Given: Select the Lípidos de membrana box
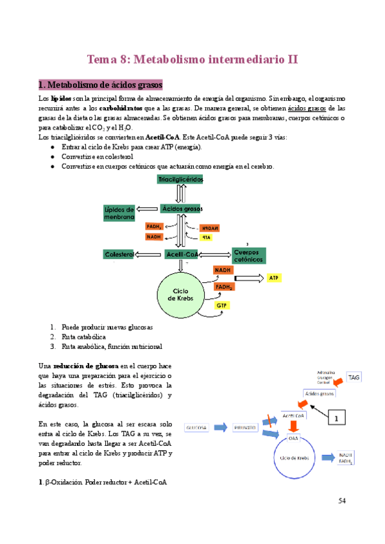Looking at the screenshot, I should pyautogui.click(x=119, y=213).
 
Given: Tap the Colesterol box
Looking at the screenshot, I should pyautogui.click(x=119, y=255).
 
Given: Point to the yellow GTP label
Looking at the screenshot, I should pyautogui.click(x=222, y=305).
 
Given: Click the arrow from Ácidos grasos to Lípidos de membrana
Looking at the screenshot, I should pyautogui.click(x=147, y=209).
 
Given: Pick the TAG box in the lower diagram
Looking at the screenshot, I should pyautogui.click(x=355, y=378).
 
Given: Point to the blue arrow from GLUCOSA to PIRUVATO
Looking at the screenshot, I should pyautogui.click(x=220, y=427).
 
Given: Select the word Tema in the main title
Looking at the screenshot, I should pyautogui.click(x=103, y=60).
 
